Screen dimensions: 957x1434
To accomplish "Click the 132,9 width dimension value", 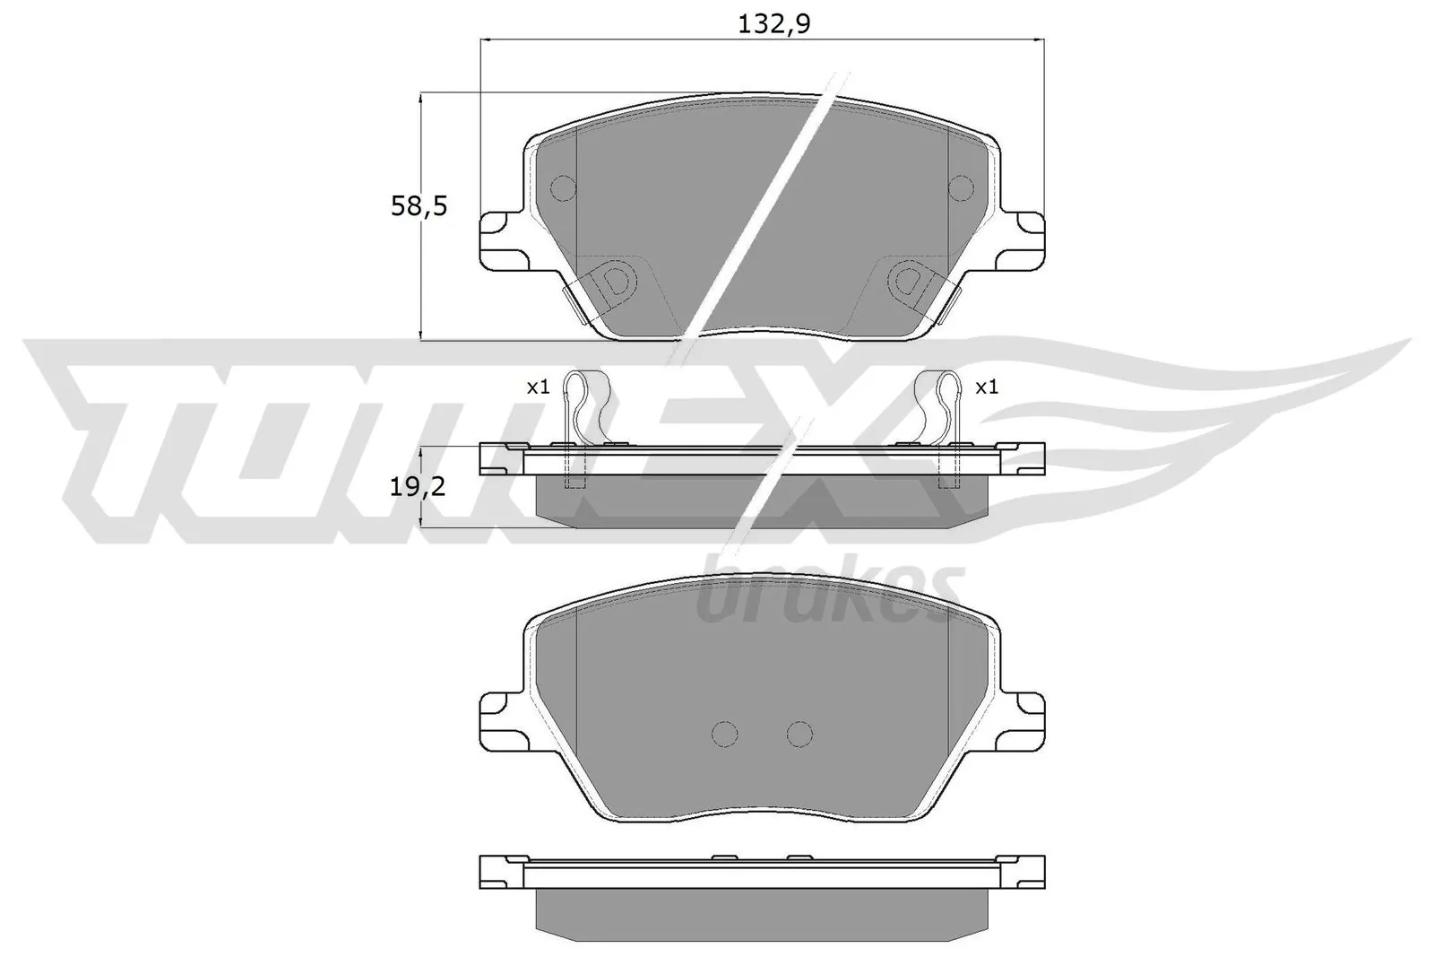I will tap(773, 24).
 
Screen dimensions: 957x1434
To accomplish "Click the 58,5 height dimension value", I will tap(419, 207).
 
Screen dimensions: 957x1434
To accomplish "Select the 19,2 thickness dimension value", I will tap(419, 487).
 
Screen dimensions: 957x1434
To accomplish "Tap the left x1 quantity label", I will tap(537, 387).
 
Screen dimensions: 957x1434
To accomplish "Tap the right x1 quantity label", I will tap(986, 387).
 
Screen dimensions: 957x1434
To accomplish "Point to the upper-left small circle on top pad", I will tap(563, 188).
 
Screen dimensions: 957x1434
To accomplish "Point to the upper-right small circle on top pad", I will tap(961, 188).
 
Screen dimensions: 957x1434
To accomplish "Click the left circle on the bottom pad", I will tap(724, 734).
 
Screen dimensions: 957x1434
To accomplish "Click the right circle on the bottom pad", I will tap(799, 734).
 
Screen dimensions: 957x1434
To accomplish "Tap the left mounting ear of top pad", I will tap(500, 240).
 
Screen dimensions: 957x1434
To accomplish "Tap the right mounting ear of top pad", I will tap(1024, 240).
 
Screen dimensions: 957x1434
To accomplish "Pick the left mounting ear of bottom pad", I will tap(500, 718).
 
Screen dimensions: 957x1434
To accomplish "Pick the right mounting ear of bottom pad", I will tap(1024, 718).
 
